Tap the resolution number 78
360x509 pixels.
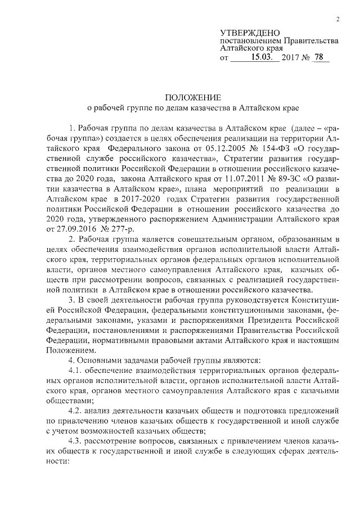click(319, 57)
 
